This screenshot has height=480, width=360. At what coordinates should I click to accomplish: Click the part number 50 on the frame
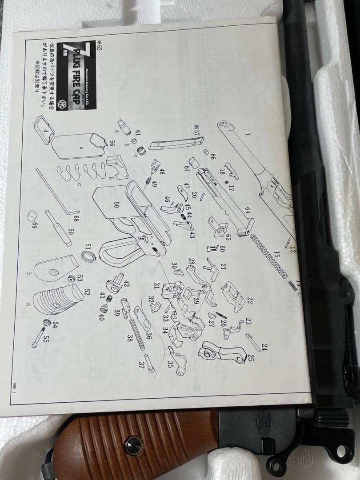(x=116, y=205)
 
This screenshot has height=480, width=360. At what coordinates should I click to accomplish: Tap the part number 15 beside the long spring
(x=277, y=255)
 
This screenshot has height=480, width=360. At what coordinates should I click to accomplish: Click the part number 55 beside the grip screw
(x=46, y=339)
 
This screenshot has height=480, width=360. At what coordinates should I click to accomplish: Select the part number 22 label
(x=249, y=301)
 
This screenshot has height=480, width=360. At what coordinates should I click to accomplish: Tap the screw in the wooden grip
(x=134, y=445)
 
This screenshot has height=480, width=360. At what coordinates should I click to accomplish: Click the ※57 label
(x=196, y=129)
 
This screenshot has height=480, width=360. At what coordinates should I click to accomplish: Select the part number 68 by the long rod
(x=76, y=219)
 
